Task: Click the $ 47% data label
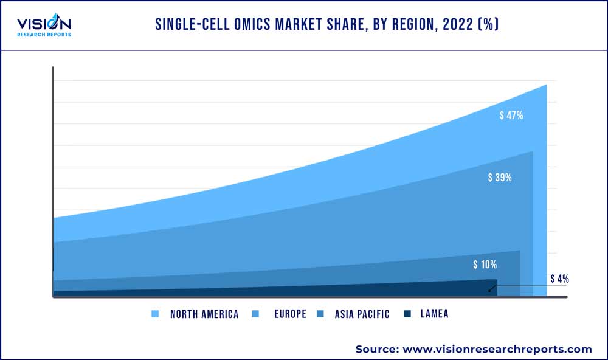[511, 116]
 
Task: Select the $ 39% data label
[500, 178]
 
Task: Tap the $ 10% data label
[485, 265]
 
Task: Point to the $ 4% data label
[559, 279]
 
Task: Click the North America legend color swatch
[156, 314]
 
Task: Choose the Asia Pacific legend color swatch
[320, 314]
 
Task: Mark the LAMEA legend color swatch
[407, 314]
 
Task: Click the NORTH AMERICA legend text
[204, 314]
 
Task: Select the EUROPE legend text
[290, 314]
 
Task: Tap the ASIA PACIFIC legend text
[362, 314]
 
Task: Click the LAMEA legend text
[434, 314]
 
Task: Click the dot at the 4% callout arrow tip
[489, 291]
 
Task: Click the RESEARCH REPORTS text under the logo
[44, 35]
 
